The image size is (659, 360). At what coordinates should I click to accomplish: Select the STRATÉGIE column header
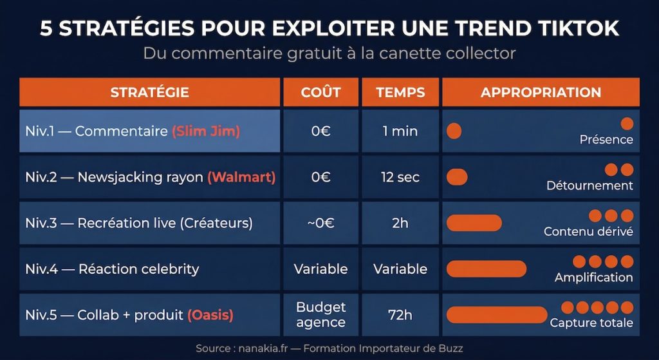click(149, 92)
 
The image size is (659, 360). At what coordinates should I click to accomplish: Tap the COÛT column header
click(320, 92)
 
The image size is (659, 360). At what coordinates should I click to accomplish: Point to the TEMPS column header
click(400, 92)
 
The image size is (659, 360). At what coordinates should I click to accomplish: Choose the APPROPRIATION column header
click(541, 92)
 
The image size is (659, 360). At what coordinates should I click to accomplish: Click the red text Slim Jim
click(205, 131)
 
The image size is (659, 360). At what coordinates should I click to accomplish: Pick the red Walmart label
click(241, 177)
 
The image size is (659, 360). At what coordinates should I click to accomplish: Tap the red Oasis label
click(210, 316)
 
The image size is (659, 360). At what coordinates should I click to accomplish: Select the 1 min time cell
click(400, 131)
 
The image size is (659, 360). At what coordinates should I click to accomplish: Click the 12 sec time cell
click(400, 177)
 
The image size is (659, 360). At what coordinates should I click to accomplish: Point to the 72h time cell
click(400, 316)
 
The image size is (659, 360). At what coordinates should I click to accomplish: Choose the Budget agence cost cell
click(320, 315)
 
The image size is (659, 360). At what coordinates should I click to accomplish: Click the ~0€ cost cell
click(320, 223)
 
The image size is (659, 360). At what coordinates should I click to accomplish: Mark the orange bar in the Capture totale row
click(496, 315)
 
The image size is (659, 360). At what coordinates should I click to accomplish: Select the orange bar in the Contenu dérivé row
click(474, 223)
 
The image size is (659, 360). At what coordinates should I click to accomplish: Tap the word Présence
click(606, 140)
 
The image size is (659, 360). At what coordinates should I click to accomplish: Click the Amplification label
click(593, 278)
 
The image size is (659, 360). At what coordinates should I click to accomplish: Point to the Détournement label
click(589, 185)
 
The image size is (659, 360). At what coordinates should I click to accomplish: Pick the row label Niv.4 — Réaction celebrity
click(113, 269)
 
